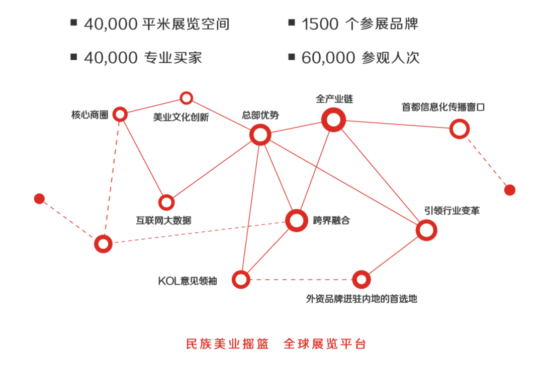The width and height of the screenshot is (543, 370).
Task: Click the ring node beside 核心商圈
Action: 120,114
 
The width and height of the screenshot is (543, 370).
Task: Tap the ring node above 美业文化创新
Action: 187,98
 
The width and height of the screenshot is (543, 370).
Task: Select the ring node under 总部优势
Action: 260,135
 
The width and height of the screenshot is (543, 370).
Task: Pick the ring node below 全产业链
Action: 333,120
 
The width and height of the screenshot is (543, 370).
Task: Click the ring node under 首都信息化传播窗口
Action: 459,129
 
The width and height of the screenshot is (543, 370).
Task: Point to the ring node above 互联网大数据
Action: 166,202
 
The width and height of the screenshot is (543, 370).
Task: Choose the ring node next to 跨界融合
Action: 296,220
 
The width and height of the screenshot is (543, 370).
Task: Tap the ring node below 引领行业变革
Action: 426,230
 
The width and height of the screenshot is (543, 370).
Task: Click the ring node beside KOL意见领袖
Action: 241,279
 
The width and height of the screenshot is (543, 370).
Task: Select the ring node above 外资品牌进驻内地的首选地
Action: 361,280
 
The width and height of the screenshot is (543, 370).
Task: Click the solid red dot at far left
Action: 39,199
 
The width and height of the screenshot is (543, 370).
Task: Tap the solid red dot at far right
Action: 509,190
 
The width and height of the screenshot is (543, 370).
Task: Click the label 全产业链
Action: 334,99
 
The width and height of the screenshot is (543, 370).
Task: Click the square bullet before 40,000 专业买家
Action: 74,56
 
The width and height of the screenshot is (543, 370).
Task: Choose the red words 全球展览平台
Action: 324,344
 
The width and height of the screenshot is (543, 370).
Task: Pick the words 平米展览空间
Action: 186,24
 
